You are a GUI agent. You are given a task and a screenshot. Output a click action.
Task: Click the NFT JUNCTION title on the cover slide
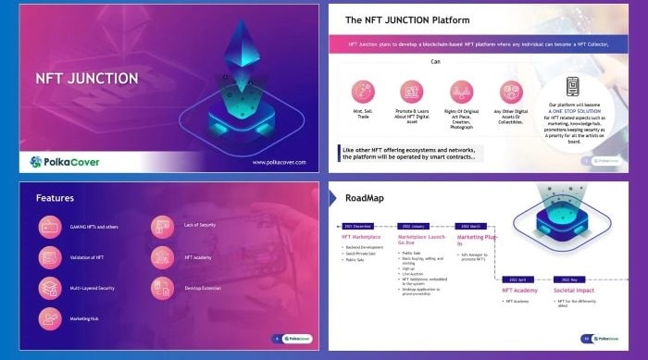click(86, 79)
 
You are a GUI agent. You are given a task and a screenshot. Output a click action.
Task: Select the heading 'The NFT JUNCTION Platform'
click(406, 19)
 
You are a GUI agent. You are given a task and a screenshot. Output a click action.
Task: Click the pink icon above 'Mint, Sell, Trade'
click(363, 91)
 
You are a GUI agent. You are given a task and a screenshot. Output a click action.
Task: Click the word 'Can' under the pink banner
click(435, 62)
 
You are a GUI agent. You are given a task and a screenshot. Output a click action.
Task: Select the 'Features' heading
click(55, 197)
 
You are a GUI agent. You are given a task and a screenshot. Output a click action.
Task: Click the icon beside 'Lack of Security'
click(162, 226)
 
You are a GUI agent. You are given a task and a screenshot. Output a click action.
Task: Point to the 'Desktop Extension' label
click(204, 288)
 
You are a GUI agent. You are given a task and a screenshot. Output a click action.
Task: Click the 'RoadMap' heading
click(365, 197)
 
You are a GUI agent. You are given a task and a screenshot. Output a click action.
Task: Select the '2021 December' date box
click(359, 225)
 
